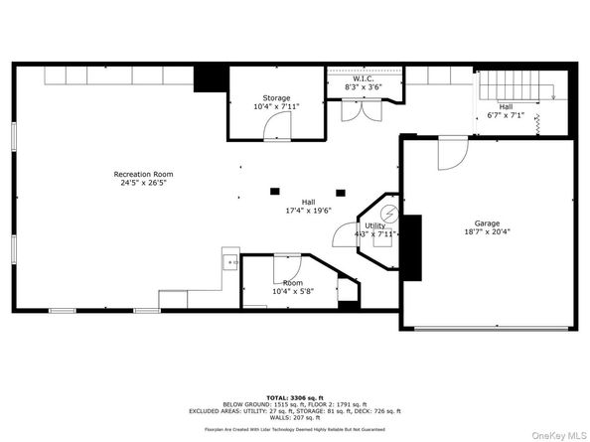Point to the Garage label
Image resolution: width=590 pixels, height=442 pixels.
[x=486, y=223]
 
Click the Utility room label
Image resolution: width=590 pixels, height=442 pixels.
[x=374, y=225]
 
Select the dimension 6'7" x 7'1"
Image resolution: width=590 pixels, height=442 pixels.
[x=506, y=114]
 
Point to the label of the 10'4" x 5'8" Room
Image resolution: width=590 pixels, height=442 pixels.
[x=292, y=283]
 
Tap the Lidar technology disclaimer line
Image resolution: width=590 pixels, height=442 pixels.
[x=295, y=429]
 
